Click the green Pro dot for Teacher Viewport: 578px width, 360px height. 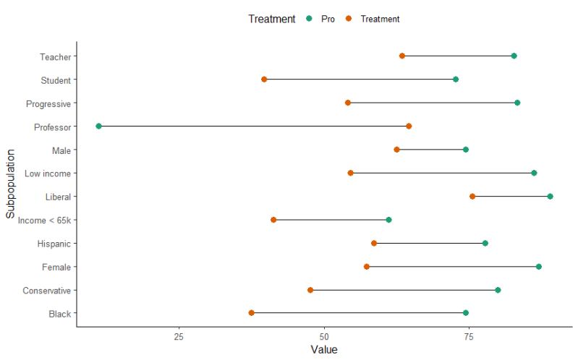tap(514, 56)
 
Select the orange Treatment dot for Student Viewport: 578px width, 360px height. tap(264, 80)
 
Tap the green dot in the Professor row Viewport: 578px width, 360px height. tap(99, 127)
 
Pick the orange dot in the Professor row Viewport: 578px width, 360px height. tap(409, 127)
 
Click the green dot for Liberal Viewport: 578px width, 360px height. tap(550, 197)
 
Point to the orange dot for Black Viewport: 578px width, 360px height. tap(252, 313)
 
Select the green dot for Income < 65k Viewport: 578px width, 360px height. tap(388, 220)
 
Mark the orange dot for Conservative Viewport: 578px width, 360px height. tap(310, 290)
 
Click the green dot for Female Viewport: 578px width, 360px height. tap(538, 267)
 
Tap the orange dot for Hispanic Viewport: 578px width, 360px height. tap(374, 244)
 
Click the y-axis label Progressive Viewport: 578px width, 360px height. tap(48, 103)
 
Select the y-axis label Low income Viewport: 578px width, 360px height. tap(48, 173)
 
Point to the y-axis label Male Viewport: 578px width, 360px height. tap(61, 150)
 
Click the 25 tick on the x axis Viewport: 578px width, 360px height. tap(179, 337)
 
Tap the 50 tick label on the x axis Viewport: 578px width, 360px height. tap(324, 337)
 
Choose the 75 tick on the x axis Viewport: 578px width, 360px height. tap(469, 337)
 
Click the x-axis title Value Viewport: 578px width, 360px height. tap(323, 351)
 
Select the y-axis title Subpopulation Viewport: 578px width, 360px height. tap(11, 184)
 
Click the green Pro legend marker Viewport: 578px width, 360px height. tap(309, 19)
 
